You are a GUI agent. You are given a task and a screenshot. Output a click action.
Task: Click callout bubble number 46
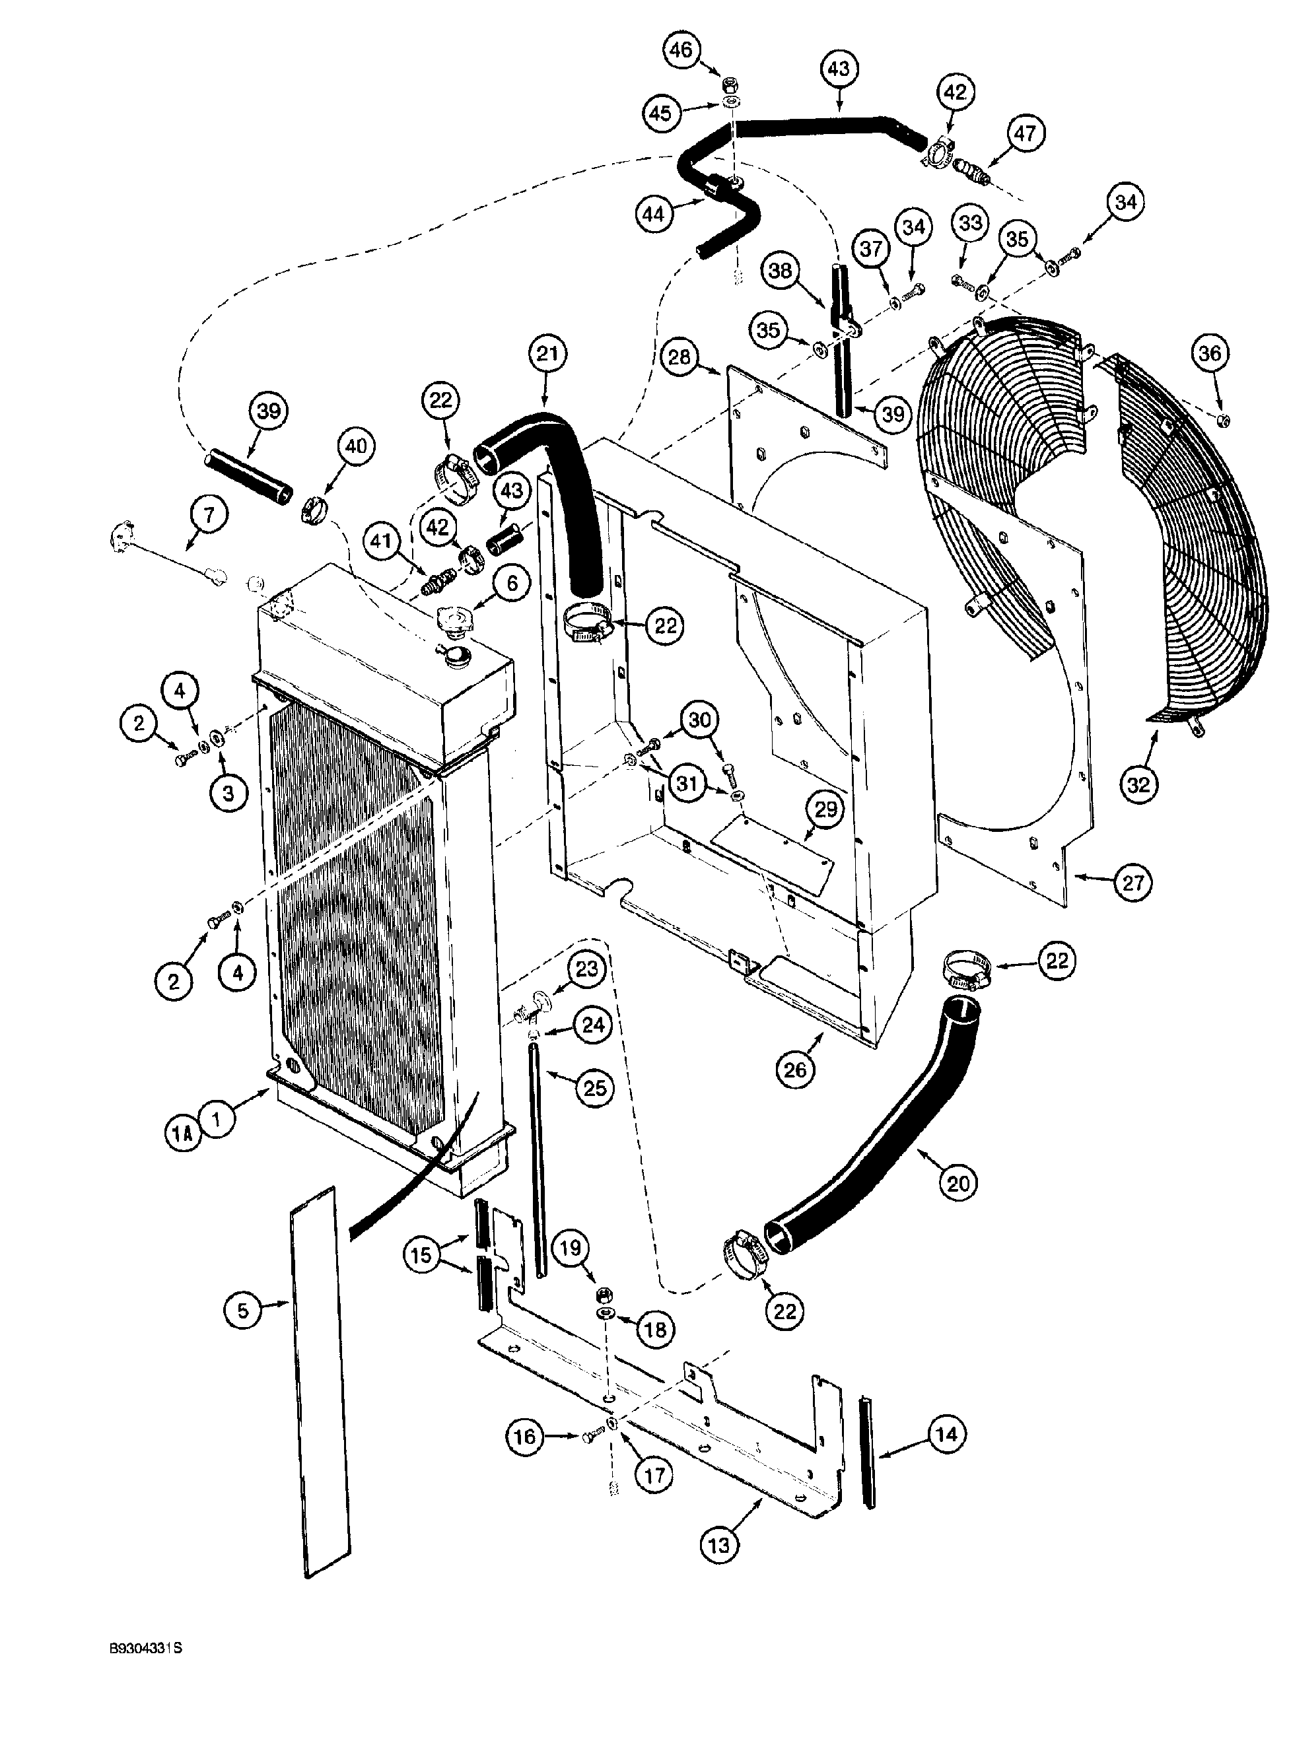click(680, 50)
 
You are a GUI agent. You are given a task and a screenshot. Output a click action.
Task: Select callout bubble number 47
click(1024, 133)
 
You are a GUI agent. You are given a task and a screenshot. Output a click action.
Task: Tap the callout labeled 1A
click(182, 1133)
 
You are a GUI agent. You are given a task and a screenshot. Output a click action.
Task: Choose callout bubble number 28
click(679, 357)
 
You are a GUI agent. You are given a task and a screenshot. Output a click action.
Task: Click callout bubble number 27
click(1133, 883)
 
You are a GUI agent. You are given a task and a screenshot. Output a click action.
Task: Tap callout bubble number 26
click(794, 1069)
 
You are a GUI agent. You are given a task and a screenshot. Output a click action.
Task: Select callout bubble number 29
click(825, 809)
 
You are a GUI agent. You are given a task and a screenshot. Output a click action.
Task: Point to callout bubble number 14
click(946, 1433)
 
